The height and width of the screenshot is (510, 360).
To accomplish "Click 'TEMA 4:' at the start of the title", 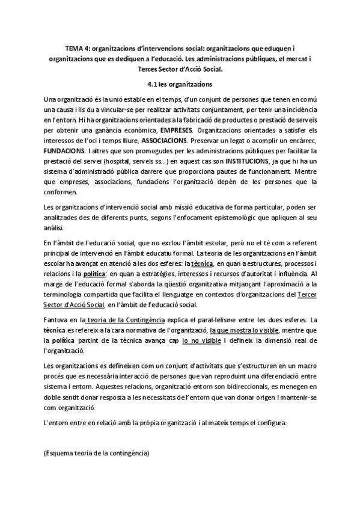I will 76,48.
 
